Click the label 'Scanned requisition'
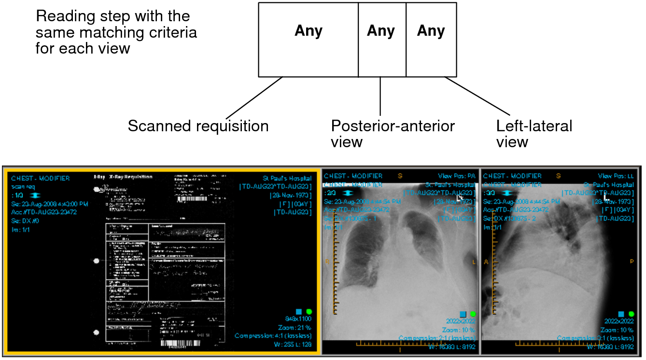[x=198, y=126]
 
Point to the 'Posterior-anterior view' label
[x=392, y=134]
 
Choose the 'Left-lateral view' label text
[x=534, y=134]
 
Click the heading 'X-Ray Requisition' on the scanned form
[x=130, y=177]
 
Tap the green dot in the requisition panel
[x=309, y=312]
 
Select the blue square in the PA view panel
[x=463, y=314]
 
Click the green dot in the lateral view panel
[x=631, y=314]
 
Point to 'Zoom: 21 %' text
[x=297, y=327]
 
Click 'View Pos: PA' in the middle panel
[x=457, y=176]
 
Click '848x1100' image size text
[x=298, y=319]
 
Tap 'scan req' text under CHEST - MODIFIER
[x=24, y=187]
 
